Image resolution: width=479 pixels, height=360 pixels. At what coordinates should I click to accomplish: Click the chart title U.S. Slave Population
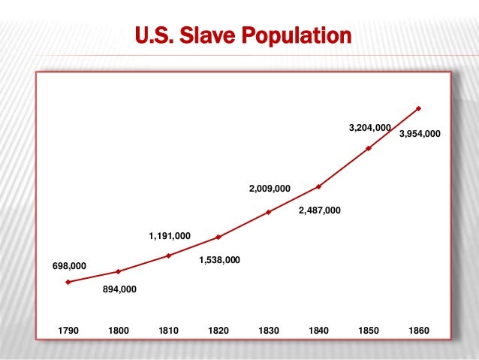(x=243, y=35)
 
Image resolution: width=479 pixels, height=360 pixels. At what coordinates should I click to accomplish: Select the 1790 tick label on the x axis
(x=68, y=330)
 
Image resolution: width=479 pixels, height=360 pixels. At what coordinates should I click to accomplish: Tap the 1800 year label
(x=119, y=330)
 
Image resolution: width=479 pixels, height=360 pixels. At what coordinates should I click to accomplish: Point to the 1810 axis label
(x=169, y=330)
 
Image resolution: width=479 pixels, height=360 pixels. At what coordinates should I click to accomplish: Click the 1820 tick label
(x=218, y=330)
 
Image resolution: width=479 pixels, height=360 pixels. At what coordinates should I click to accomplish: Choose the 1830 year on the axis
(x=269, y=330)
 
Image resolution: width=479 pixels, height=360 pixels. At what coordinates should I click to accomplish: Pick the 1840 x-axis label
(x=319, y=330)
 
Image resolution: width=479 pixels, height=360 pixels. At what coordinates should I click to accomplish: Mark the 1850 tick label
(x=369, y=330)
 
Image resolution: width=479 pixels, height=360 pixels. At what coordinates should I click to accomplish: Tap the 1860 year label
(x=419, y=330)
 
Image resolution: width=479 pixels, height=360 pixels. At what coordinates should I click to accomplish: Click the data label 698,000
(x=69, y=266)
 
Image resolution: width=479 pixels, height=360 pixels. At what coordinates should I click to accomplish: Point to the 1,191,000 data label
(x=170, y=236)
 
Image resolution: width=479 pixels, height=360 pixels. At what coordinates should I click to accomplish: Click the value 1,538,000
(x=219, y=260)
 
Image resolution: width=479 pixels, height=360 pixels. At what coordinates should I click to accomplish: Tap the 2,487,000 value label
(x=319, y=211)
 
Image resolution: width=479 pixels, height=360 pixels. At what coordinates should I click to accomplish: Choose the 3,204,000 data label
(x=369, y=129)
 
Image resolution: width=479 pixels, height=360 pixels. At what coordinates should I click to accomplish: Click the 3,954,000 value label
(x=420, y=134)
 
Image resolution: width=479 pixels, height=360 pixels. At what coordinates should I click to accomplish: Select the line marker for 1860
(x=419, y=108)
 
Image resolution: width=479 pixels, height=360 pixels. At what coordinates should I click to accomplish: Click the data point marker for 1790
(x=68, y=282)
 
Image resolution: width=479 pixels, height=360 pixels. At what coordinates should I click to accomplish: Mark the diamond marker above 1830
(x=269, y=212)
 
